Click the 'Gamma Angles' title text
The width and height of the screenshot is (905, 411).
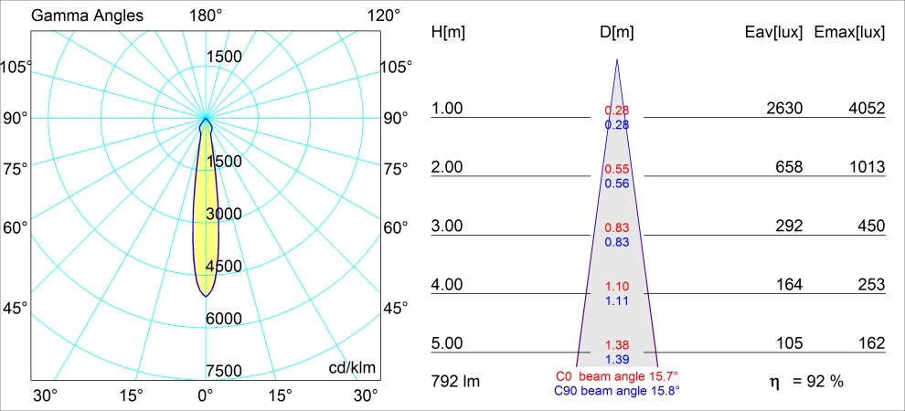[75, 16]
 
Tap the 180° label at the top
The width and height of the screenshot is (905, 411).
[206, 16]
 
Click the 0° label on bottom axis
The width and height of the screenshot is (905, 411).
[205, 395]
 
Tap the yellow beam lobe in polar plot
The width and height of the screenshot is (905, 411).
[207, 219]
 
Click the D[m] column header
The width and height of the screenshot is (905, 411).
[617, 32]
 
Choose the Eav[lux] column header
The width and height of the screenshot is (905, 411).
[774, 32]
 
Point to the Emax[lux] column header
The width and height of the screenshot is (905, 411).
[850, 32]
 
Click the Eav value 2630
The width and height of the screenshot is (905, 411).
[784, 109]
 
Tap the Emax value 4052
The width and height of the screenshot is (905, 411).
[866, 109]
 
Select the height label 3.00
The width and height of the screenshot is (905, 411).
[448, 226]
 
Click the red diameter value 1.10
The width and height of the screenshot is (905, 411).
[617, 287]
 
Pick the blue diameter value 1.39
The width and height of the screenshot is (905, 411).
[617, 360]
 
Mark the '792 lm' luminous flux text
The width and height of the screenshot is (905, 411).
[455, 380]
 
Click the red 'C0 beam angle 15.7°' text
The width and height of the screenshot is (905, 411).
[616, 375]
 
